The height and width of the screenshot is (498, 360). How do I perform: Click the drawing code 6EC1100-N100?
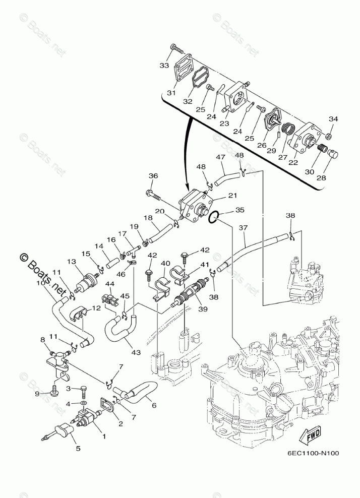(313, 452)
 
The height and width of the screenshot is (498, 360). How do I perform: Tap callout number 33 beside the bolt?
(164, 65)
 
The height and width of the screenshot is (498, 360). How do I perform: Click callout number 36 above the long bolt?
(153, 176)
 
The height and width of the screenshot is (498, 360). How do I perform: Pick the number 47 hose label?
(220, 158)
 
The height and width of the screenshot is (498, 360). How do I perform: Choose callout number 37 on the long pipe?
(244, 228)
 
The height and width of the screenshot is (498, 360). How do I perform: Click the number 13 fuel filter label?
(71, 262)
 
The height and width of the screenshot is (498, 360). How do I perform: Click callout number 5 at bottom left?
(77, 447)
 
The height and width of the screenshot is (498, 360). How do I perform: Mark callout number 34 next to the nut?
(333, 119)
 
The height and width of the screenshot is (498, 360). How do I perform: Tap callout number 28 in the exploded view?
(321, 177)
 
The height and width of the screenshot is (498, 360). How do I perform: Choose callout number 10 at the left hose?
(40, 283)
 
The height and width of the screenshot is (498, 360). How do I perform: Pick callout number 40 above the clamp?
(166, 263)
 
